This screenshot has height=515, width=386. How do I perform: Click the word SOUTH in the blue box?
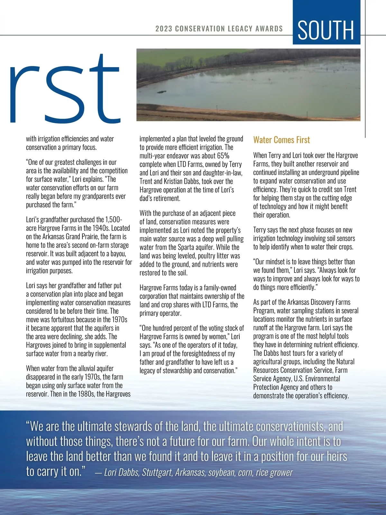pyautogui.click(x=326, y=30)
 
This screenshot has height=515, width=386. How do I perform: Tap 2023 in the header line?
pyautogui.click(x=164, y=29)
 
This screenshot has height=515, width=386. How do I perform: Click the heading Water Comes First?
pyautogui.click(x=281, y=140)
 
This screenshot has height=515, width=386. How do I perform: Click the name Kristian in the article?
pyautogui.click(x=186, y=181)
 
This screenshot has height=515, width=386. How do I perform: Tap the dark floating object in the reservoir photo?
pyautogui.click(x=161, y=92)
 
